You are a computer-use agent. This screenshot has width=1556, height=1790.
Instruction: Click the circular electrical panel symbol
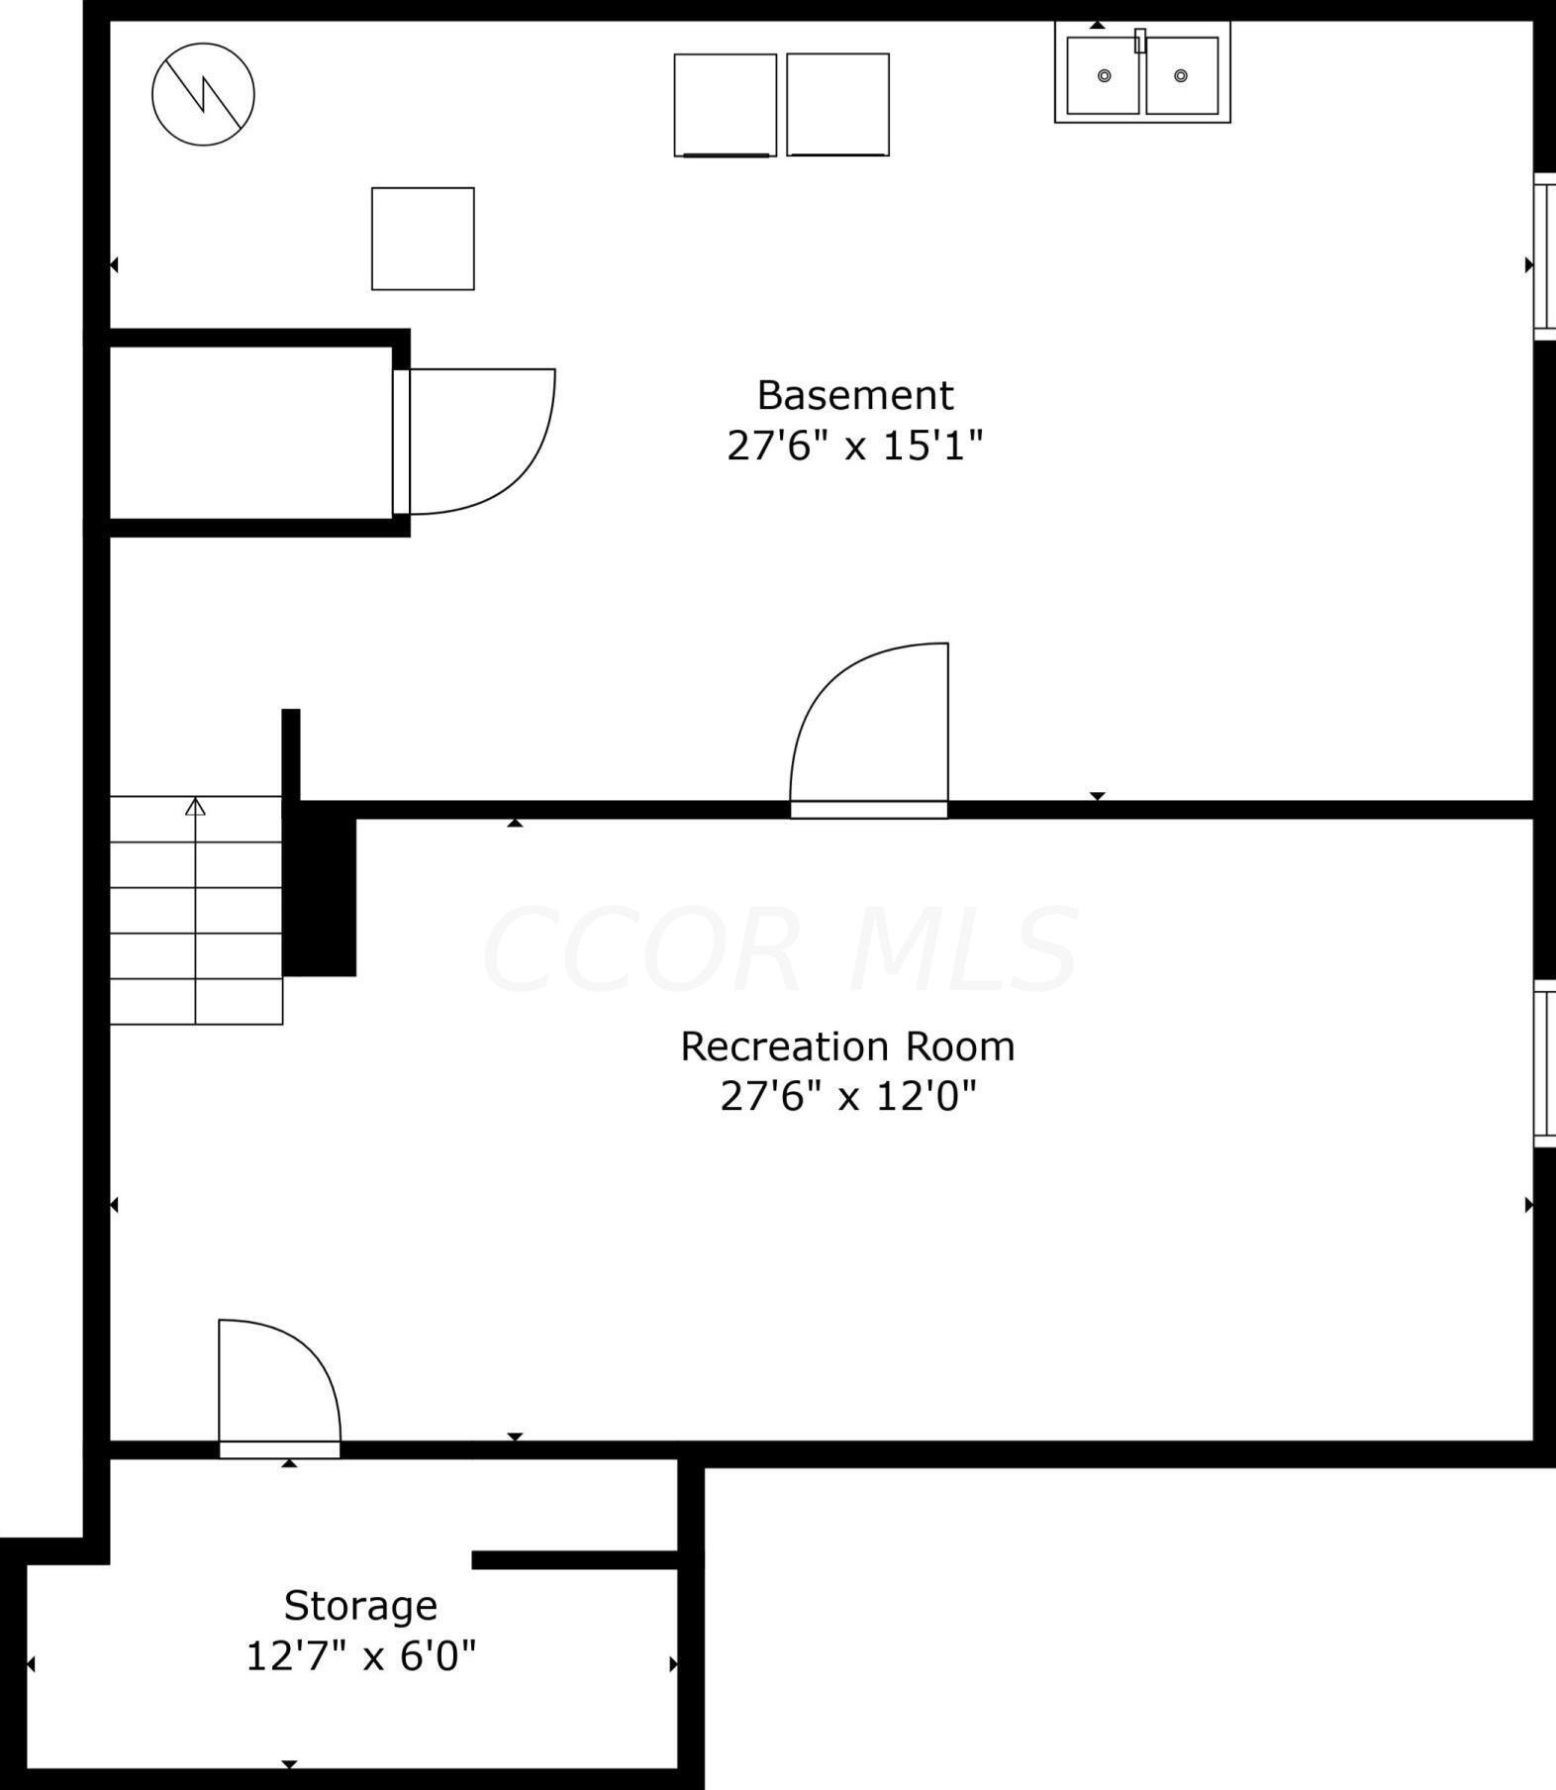coord(203,94)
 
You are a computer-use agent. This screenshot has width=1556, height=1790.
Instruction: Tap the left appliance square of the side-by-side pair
coord(725,105)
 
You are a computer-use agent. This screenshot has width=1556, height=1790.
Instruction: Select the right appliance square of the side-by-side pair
coord(837,105)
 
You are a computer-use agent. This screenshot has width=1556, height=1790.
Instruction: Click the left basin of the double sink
coord(1103,76)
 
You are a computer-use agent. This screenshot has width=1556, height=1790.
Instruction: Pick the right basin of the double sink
coord(1181,76)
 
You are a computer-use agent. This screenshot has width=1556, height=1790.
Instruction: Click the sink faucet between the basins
coord(1139,41)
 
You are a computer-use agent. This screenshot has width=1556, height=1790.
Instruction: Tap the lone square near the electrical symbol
coord(423,239)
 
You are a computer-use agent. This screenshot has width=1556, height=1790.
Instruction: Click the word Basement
coord(855,395)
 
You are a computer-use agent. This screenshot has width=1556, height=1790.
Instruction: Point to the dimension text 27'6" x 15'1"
coord(855,446)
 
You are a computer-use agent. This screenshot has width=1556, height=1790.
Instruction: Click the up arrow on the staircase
coord(195,807)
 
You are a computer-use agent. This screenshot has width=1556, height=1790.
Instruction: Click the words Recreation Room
coord(847,1046)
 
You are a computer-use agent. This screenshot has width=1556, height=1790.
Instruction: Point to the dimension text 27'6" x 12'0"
coord(848,1096)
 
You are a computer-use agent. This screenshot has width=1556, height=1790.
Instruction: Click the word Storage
coord(360,1606)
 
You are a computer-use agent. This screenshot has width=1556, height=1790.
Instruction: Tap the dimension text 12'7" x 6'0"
coord(360,1655)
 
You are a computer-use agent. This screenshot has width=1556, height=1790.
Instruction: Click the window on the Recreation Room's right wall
coord(1544,1063)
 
